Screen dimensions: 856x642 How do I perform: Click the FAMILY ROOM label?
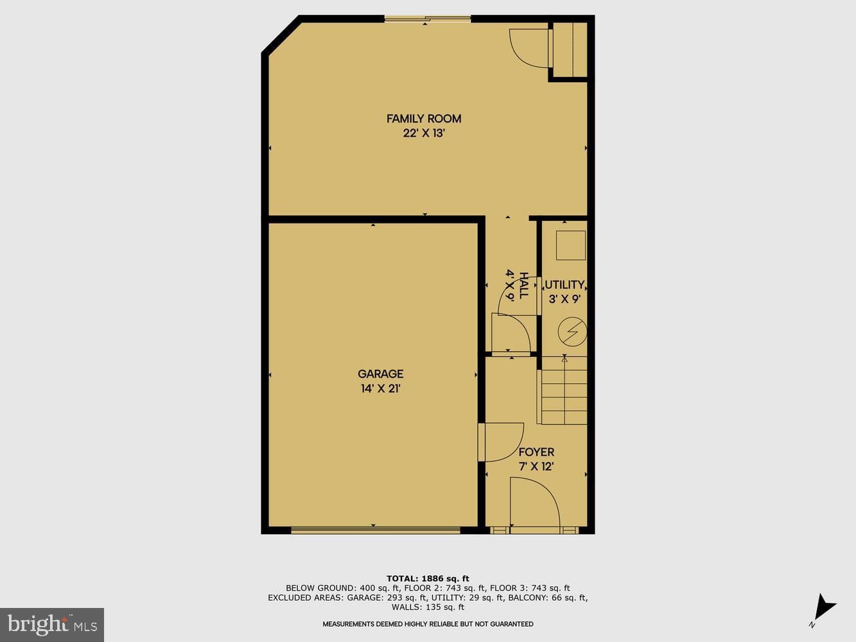coord(424,119)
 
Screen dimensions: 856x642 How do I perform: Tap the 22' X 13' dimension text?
coord(424,134)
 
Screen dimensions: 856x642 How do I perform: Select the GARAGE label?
coord(381,374)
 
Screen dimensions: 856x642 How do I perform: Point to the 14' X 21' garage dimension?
coord(381,388)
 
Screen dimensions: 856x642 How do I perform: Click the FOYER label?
coord(536,452)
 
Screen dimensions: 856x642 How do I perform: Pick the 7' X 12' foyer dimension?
coord(536,467)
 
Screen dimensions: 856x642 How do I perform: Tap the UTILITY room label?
coord(564,285)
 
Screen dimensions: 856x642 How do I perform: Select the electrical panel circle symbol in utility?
coord(572,332)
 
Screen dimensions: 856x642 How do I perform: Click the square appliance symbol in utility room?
coord(570,246)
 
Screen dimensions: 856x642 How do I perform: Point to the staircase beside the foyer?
coord(562,390)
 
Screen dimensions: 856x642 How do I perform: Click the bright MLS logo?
coord(52,625)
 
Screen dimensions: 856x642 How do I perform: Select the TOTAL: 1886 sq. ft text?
coord(428,578)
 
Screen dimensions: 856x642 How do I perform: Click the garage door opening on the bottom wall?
coord(376,530)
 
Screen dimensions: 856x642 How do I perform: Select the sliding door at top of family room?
coord(428,19)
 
